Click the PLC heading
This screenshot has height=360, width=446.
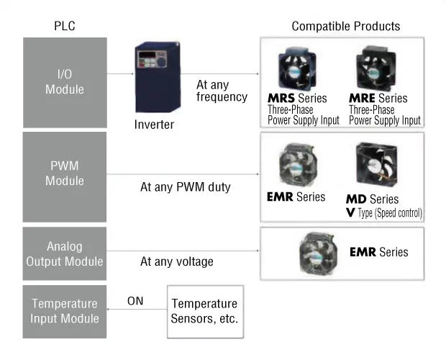click(65, 26)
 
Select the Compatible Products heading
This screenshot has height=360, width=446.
click(345, 26)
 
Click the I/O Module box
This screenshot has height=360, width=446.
click(65, 83)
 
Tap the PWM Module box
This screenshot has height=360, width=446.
click(65, 176)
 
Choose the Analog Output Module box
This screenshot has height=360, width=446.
click(65, 253)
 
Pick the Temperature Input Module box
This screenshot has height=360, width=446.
click(65, 312)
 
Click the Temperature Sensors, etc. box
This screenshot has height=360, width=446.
click(205, 312)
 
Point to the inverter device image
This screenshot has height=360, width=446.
click(158, 77)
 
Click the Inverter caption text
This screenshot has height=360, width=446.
click(154, 125)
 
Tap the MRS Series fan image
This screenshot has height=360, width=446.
click(297, 69)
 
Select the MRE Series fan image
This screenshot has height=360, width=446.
click(376, 68)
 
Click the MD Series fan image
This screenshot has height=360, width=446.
click(377, 164)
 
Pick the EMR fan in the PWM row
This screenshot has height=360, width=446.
click(298, 165)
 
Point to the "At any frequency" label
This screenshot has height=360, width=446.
click(222, 91)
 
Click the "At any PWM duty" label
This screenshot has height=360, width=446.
click(185, 187)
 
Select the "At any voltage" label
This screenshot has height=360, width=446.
click(177, 261)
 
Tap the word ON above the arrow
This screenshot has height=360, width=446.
click(135, 301)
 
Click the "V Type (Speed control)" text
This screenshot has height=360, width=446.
click(384, 213)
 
